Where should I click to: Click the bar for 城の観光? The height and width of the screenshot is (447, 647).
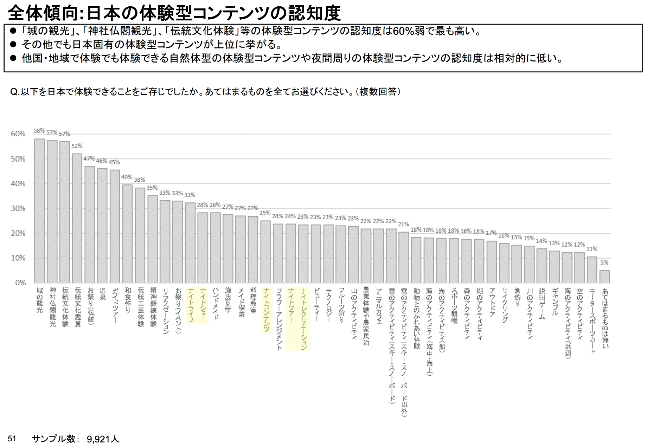click(39, 211)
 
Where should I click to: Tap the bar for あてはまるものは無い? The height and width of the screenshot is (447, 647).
click(604, 277)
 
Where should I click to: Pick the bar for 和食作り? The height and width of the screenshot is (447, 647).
click(127, 234)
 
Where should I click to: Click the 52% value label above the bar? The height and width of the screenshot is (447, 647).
click(77, 146)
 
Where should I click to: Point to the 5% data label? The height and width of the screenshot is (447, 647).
click(604, 263)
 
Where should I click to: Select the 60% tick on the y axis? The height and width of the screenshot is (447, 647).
click(18, 134)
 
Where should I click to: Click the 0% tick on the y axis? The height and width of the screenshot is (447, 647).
click(20, 283)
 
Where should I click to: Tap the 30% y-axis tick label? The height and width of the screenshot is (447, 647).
click(18, 208)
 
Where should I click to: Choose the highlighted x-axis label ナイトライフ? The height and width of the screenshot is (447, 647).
click(191, 305)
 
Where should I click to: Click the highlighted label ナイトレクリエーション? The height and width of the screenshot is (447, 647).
click(304, 318)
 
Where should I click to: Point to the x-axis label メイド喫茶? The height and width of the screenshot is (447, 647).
click(241, 302)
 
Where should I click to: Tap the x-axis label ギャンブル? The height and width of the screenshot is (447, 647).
click(555, 302)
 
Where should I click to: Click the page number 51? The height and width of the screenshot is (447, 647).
click(12, 439)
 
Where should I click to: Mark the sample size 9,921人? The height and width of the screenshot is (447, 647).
click(103, 439)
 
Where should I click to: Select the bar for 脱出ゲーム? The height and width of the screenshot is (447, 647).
click(542, 266)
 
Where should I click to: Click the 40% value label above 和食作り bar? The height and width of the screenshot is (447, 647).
click(127, 177)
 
